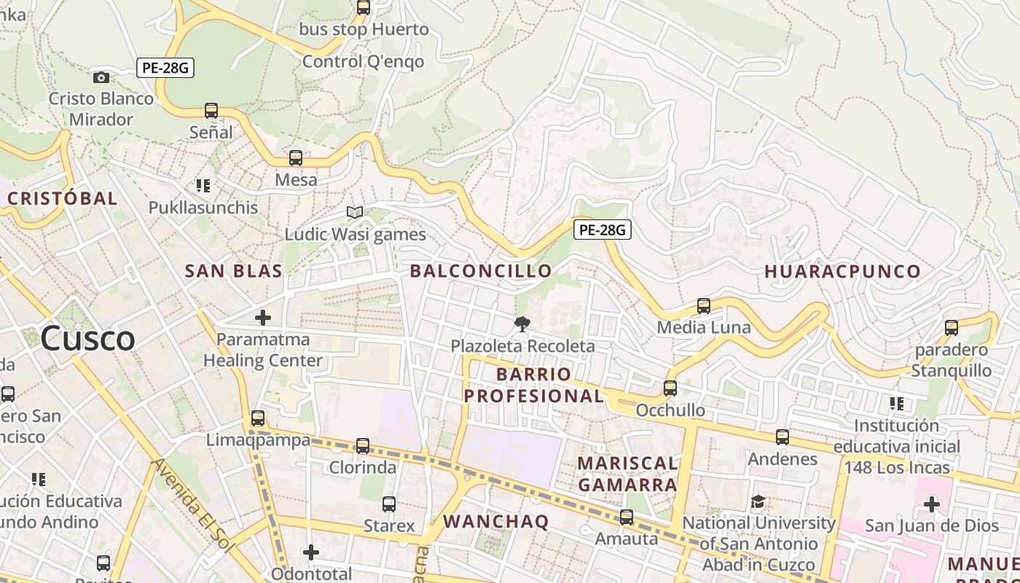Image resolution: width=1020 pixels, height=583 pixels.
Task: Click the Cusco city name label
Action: (x=87, y=339)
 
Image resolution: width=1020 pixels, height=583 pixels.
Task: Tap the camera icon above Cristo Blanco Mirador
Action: (x=101, y=77)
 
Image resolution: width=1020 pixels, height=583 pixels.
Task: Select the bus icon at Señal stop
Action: (x=211, y=111)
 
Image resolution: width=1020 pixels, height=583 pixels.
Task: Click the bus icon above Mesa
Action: (x=296, y=158)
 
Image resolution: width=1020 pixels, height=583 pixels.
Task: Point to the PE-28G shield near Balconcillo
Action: (x=602, y=230)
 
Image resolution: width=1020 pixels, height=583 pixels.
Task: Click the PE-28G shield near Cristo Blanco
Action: (x=165, y=69)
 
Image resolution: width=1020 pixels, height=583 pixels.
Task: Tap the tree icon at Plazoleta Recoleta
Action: (x=522, y=324)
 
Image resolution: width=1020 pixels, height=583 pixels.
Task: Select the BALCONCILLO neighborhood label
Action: (x=481, y=271)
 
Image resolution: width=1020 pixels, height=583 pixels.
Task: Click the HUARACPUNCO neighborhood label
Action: (x=842, y=272)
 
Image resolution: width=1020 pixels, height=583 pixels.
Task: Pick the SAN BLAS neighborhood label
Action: (x=233, y=272)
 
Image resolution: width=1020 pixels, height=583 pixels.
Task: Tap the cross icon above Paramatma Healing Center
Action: (x=263, y=318)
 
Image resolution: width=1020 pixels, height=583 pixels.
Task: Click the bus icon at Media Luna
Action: (x=704, y=306)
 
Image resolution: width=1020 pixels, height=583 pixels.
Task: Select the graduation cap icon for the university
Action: (x=758, y=501)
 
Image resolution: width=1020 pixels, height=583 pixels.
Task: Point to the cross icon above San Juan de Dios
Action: (x=931, y=504)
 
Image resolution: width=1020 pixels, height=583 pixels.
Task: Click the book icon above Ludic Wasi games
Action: (x=355, y=213)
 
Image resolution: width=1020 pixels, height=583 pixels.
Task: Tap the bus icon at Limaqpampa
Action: (x=258, y=418)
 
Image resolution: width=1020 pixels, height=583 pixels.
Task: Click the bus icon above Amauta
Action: (x=627, y=517)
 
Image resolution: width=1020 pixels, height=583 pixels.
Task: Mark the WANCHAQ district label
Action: (x=495, y=521)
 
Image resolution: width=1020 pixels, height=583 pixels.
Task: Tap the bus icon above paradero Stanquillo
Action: (x=952, y=328)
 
